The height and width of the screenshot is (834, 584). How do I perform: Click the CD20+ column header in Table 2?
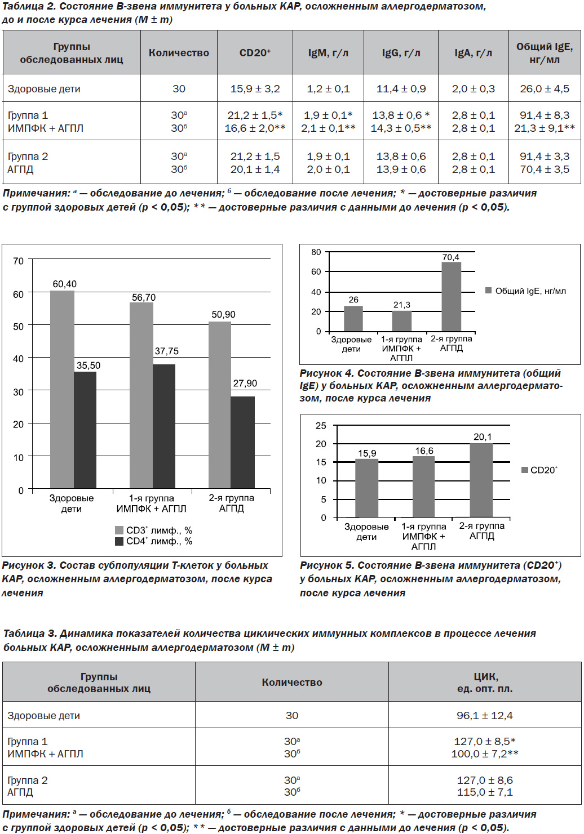[x=255, y=52]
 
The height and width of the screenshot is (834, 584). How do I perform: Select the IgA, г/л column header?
[x=473, y=53]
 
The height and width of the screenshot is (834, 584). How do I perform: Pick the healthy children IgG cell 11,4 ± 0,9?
[x=401, y=88]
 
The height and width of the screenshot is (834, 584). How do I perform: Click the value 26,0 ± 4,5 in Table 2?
[x=545, y=88]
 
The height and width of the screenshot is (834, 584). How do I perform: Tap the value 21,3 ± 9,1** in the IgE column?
[x=545, y=128]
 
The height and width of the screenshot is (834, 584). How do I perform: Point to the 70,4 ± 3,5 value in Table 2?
[x=545, y=169]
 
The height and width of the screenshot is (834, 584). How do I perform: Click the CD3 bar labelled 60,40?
[x=62, y=390]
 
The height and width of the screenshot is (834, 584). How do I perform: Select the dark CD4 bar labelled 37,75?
[x=164, y=426]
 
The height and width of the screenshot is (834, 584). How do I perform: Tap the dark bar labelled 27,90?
[x=242, y=442]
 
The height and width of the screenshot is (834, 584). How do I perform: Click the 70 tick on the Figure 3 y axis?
[x=18, y=261]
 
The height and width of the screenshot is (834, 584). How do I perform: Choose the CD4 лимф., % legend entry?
[x=153, y=541]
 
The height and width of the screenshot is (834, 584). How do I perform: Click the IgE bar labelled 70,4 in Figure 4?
[x=452, y=297]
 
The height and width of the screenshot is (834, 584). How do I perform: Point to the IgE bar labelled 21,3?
[x=402, y=321]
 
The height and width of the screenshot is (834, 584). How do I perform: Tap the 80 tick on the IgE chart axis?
[x=316, y=252]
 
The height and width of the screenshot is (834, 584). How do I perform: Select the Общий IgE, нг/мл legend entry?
[x=525, y=291]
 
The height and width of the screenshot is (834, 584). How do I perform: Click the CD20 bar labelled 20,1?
[x=481, y=480]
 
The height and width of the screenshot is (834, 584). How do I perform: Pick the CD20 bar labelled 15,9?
[x=367, y=488]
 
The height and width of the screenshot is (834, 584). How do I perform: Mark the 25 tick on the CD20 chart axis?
[x=321, y=425]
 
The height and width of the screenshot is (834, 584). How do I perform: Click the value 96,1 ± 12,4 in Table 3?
[x=484, y=715]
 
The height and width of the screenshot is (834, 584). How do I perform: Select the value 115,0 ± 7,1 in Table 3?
[x=484, y=792]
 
